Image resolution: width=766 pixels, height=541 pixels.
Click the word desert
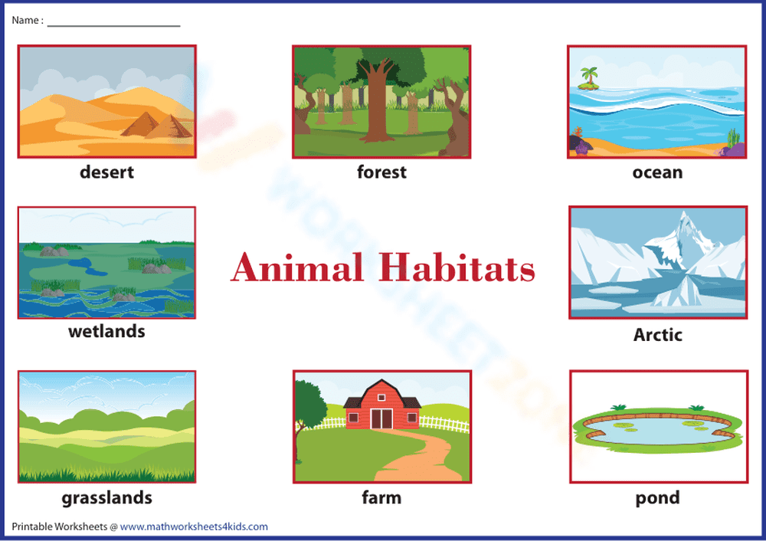coord(106,172)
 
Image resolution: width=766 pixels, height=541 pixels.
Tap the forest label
coord(381,172)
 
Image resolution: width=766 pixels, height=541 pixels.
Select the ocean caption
coord(657,172)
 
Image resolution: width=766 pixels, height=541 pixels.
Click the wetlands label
coord(106,332)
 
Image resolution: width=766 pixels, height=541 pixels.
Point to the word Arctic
coord(657,335)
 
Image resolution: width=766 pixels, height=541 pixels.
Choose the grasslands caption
coord(106,498)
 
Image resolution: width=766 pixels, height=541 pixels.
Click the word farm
coord(381,498)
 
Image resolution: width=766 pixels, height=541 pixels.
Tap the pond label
coord(657,498)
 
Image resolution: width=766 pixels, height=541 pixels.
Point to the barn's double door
coord(381,418)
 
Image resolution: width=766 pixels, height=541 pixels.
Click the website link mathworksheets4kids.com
coord(194,526)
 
